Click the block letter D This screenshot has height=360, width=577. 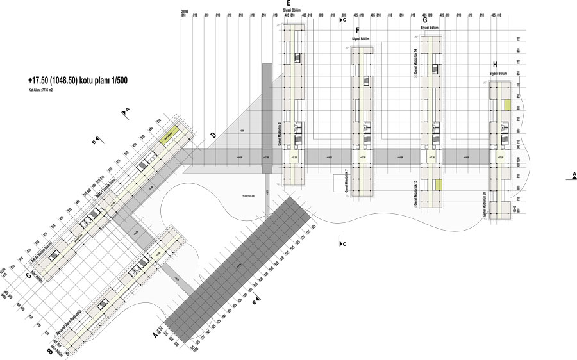pyautogui.click(x=213, y=135)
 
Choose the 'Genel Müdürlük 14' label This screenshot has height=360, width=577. pyautogui.click(x=415, y=61)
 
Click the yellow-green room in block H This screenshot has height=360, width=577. pyautogui.click(x=506, y=104)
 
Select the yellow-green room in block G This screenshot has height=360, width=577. pyautogui.click(x=438, y=185)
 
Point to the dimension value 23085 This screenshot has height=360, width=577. pyautogui.click(x=184, y=10)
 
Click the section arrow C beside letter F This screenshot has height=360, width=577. pyautogui.click(x=342, y=20)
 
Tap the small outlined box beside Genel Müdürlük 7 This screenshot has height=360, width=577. pyautogui.click(x=339, y=183)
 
